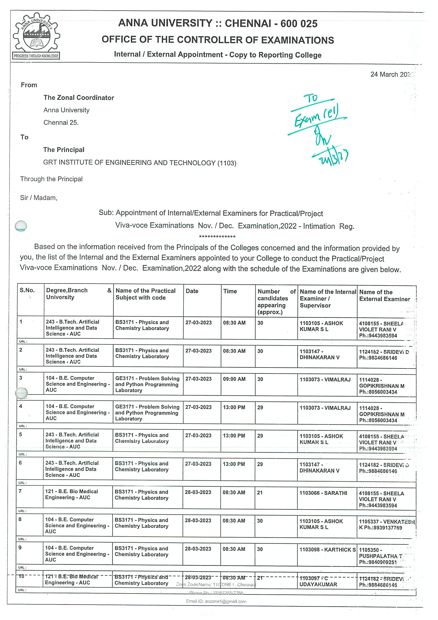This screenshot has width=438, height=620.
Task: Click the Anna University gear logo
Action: [x=36, y=36]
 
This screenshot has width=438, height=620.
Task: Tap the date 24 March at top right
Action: [x=391, y=74]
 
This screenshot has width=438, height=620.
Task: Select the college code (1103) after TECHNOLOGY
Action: [x=227, y=163]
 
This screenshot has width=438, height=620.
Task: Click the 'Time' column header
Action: [x=230, y=291]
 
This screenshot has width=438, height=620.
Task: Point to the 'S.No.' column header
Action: [x=27, y=290]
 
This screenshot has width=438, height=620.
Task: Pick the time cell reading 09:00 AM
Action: [x=234, y=379]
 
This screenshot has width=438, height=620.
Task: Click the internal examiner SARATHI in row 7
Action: [x=323, y=493]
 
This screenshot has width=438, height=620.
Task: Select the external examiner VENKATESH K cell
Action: [x=386, y=525]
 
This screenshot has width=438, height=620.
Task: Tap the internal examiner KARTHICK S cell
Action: [x=328, y=550]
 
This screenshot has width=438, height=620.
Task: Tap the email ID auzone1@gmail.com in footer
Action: [x=216, y=601]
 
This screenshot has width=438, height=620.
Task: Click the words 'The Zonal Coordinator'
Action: [x=79, y=98]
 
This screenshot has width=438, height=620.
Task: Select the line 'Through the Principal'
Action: [x=51, y=179]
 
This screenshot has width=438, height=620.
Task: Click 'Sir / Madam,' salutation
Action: [x=39, y=198]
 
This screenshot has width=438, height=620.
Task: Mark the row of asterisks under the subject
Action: [x=217, y=237]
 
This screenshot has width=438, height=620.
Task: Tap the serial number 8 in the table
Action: [x=20, y=519]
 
